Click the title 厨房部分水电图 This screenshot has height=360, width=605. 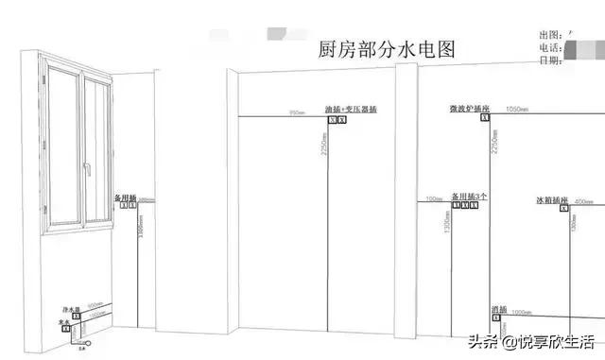click(387, 50)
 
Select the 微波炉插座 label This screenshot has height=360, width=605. click(470, 110)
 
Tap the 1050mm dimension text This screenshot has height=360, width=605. click(516, 110)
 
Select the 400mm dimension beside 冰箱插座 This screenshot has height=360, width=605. click(583, 201)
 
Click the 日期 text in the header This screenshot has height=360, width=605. click(548, 60)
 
